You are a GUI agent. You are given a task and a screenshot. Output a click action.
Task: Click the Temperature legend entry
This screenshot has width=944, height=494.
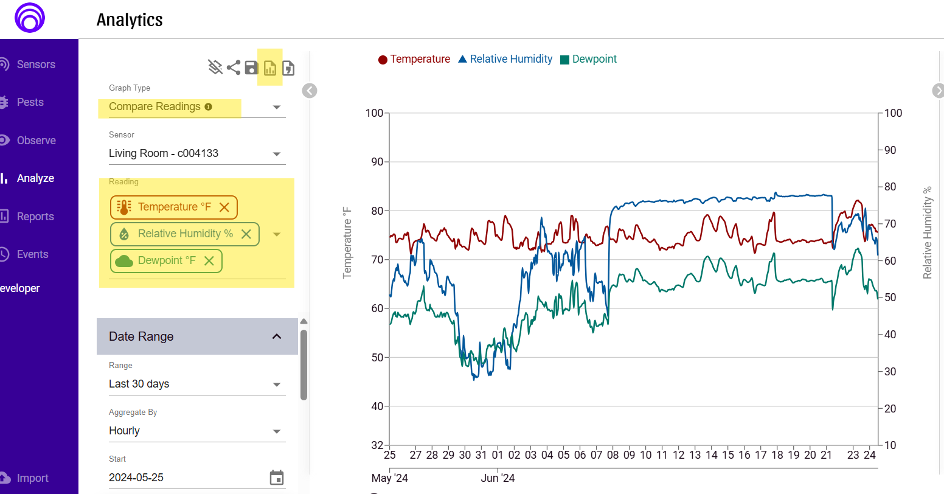pyautogui.click(x=414, y=59)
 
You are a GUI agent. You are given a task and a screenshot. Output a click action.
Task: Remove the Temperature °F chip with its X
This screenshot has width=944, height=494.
pyautogui.click(x=224, y=207)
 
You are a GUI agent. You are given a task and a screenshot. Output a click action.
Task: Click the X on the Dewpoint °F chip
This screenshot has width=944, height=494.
pyautogui.click(x=209, y=261)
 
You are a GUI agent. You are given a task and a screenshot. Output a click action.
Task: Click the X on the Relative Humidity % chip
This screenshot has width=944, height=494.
pyautogui.click(x=246, y=234)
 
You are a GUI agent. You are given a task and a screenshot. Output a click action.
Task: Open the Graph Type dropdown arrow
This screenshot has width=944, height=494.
pyautogui.click(x=277, y=107)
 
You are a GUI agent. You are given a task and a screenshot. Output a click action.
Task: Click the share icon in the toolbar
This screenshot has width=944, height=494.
pyautogui.click(x=234, y=68)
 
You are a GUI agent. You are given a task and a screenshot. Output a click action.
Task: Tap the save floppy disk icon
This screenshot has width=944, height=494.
pyautogui.click(x=252, y=68)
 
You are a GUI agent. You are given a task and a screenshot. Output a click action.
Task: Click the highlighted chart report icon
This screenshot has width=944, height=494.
pyautogui.click(x=270, y=68)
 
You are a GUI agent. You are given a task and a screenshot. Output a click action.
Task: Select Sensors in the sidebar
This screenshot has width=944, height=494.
pyautogui.click(x=35, y=64)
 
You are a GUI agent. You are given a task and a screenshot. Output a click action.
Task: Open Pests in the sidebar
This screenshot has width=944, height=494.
pyautogui.click(x=30, y=102)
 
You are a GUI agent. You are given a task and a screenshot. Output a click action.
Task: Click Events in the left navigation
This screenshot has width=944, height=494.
pyautogui.click(x=32, y=254)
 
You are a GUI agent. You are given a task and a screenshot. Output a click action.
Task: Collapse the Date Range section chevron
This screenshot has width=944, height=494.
pyautogui.click(x=277, y=336)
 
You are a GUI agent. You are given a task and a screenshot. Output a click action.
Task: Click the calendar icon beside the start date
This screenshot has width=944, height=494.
pyautogui.click(x=277, y=478)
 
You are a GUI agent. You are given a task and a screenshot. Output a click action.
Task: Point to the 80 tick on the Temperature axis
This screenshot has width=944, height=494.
pyautogui.click(x=377, y=211)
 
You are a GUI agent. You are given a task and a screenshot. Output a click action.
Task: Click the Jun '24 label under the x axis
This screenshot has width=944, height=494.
pyautogui.click(x=498, y=478)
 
